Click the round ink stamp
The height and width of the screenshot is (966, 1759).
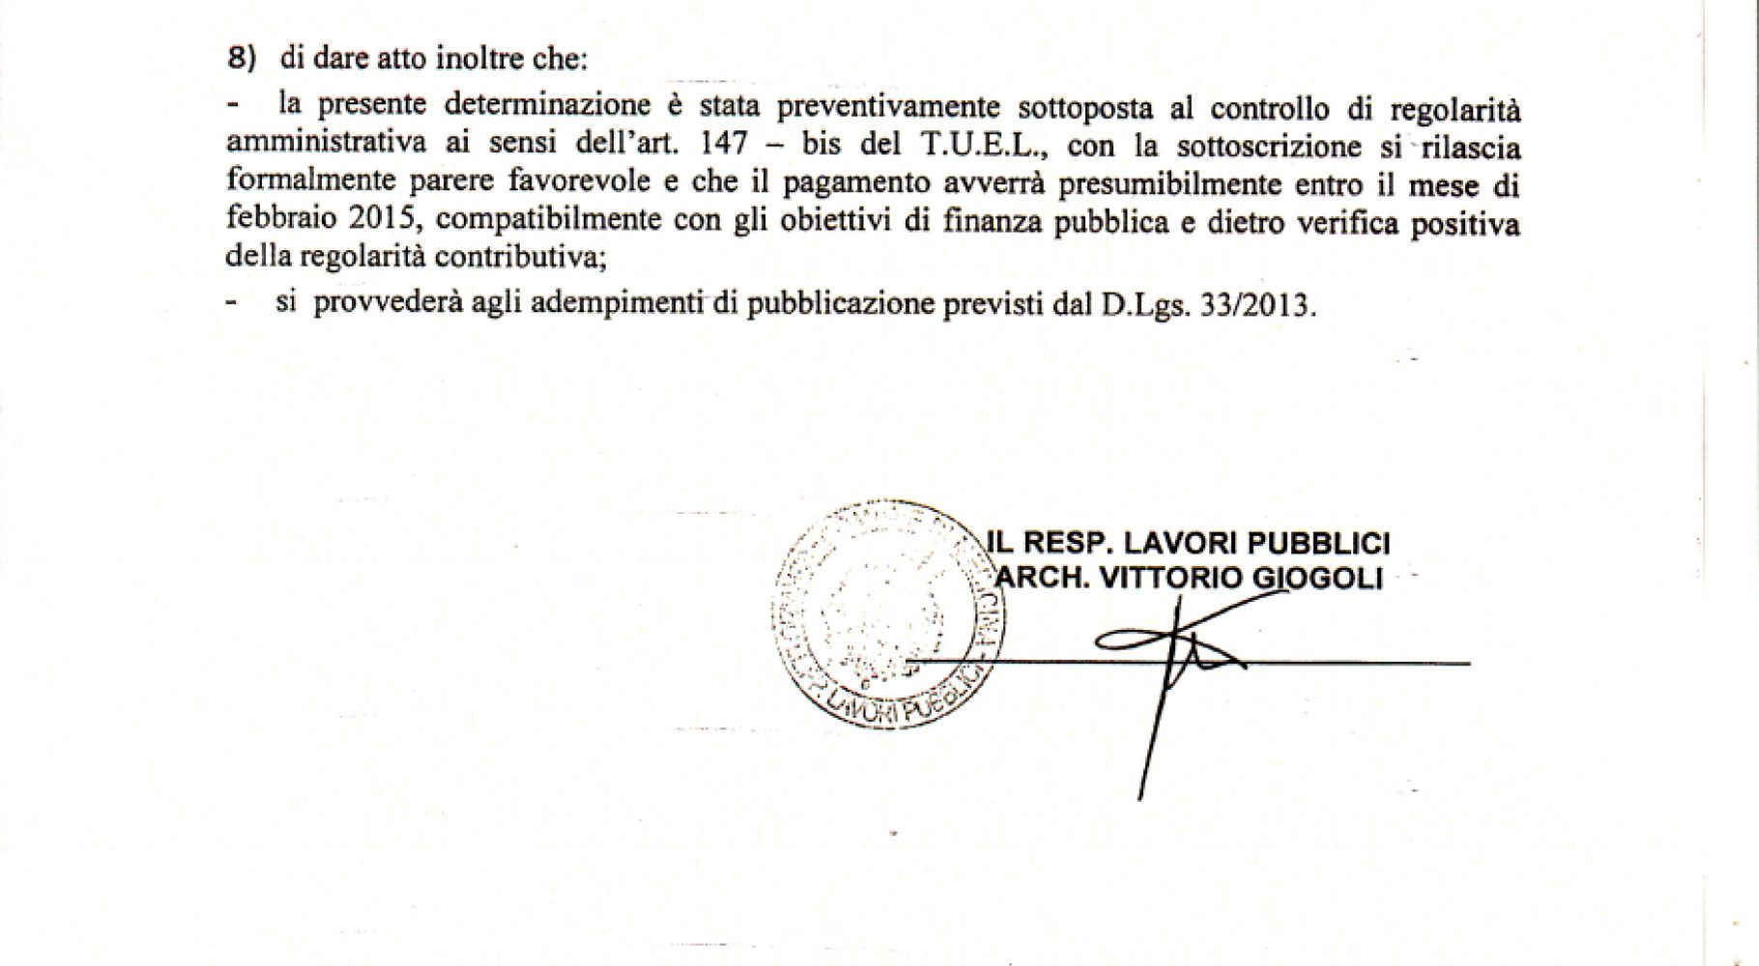(x=884, y=614)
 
